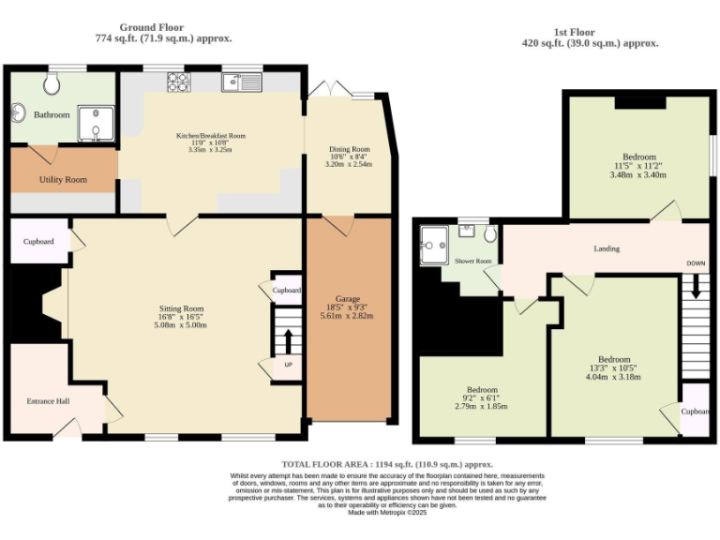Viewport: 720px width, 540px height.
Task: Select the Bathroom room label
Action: point(52,115)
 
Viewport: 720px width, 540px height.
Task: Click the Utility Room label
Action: point(63,179)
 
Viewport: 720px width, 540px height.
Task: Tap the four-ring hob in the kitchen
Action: point(177,82)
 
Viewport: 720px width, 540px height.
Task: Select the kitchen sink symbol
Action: point(241,82)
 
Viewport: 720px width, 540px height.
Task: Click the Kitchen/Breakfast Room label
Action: point(210,137)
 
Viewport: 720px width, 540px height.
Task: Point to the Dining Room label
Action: point(349,149)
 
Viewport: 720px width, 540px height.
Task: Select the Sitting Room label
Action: point(181,308)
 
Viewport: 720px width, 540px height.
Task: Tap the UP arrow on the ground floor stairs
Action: point(288,341)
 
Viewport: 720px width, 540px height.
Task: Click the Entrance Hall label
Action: point(47,402)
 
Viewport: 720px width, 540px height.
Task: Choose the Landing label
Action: point(607,248)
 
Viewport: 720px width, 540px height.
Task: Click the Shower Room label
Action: point(472,262)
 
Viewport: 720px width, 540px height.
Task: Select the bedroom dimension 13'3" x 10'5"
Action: point(614,368)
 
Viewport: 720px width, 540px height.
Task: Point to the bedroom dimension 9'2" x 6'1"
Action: point(482,398)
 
